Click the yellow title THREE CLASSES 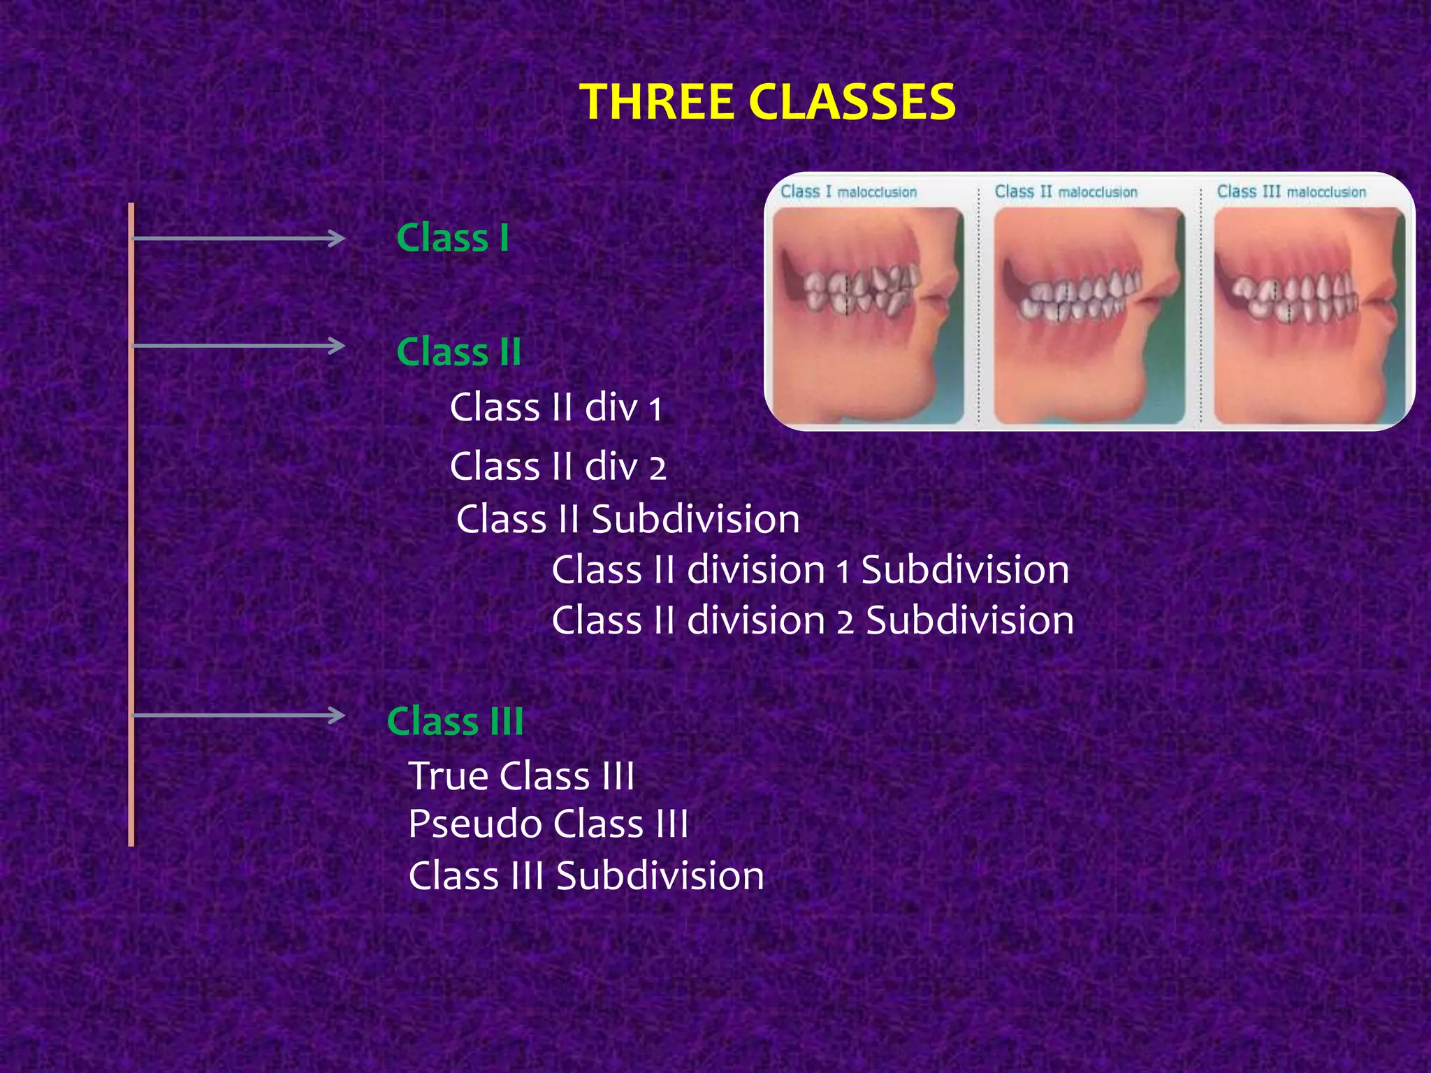(x=767, y=102)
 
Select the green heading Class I (x=453, y=238)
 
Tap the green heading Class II (x=459, y=351)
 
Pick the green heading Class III (x=455, y=721)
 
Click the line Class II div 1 (x=556, y=407)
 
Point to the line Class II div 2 (x=558, y=466)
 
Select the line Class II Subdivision (x=627, y=519)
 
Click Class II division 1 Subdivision (x=810, y=569)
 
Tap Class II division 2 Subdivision (x=813, y=620)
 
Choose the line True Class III (x=521, y=775)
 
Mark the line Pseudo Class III (x=549, y=824)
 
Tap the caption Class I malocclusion (x=848, y=191)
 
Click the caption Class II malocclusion (x=1066, y=191)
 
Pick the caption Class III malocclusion (x=1291, y=191)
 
